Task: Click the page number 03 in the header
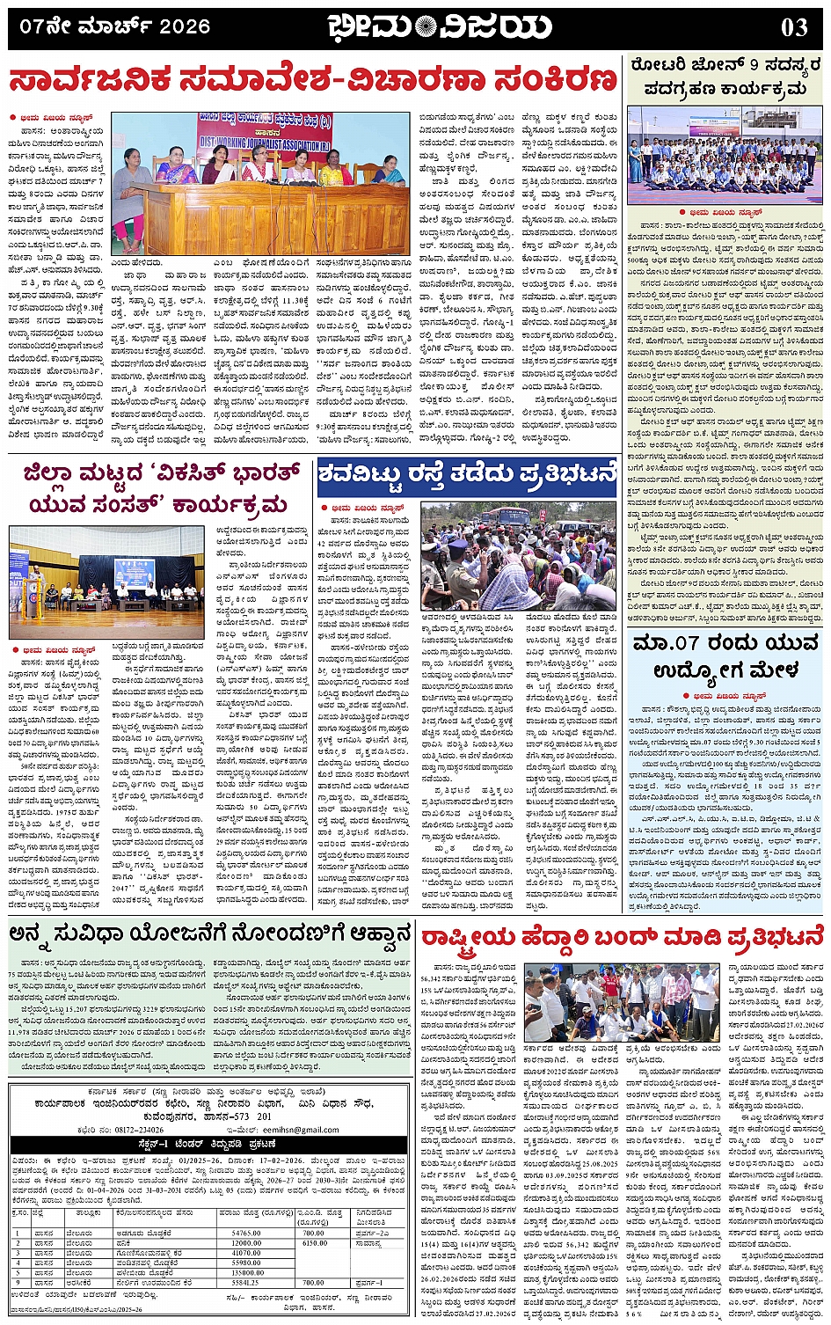click(x=793, y=27)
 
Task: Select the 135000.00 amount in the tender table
click(x=246, y=1272)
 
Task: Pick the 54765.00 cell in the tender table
click(x=246, y=1233)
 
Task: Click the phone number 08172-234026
click(x=133, y=1130)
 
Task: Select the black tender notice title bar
click(x=208, y=1144)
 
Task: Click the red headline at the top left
click(x=313, y=81)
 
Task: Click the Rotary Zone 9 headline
click(x=725, y=77)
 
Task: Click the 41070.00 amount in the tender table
click(x=246, y=1253)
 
